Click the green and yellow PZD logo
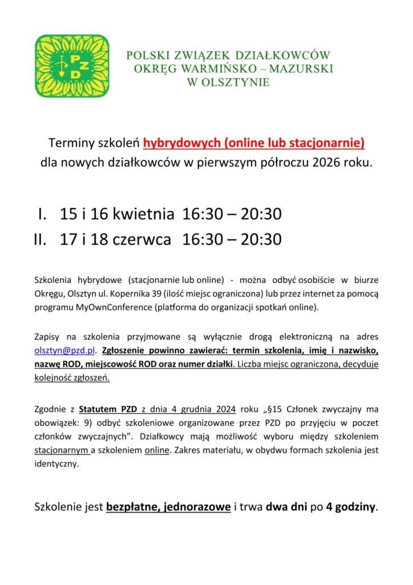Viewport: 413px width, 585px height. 71,66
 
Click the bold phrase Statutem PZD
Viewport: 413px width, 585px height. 107,409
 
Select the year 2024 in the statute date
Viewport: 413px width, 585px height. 229,409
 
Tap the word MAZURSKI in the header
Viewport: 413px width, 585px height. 305,69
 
